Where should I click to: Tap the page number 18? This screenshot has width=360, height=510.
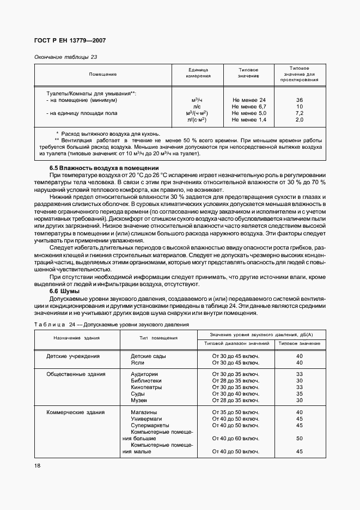pos(37,465)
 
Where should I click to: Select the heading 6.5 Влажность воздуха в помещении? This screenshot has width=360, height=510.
pos(104,168)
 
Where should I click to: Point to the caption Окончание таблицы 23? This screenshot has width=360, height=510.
pos(65,57)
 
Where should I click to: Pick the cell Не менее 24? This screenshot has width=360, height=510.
pos(248,100)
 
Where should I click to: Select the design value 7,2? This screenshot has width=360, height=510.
pos(299,113)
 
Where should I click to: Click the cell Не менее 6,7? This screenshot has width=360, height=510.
pos(248,107)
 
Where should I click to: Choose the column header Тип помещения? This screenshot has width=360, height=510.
pos(158,338)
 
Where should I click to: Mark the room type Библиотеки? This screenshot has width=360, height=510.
pos(144,380)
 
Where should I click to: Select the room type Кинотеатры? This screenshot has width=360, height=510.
pos(144,387)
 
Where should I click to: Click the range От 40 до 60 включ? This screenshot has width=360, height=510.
pos(235,438)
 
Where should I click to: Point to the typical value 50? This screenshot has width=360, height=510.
pos(299,438)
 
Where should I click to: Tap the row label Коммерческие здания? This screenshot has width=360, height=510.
pos(76,412)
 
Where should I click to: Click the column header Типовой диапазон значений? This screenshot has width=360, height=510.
pos(237,343)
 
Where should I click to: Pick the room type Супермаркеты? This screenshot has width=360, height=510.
pos(150,425)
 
